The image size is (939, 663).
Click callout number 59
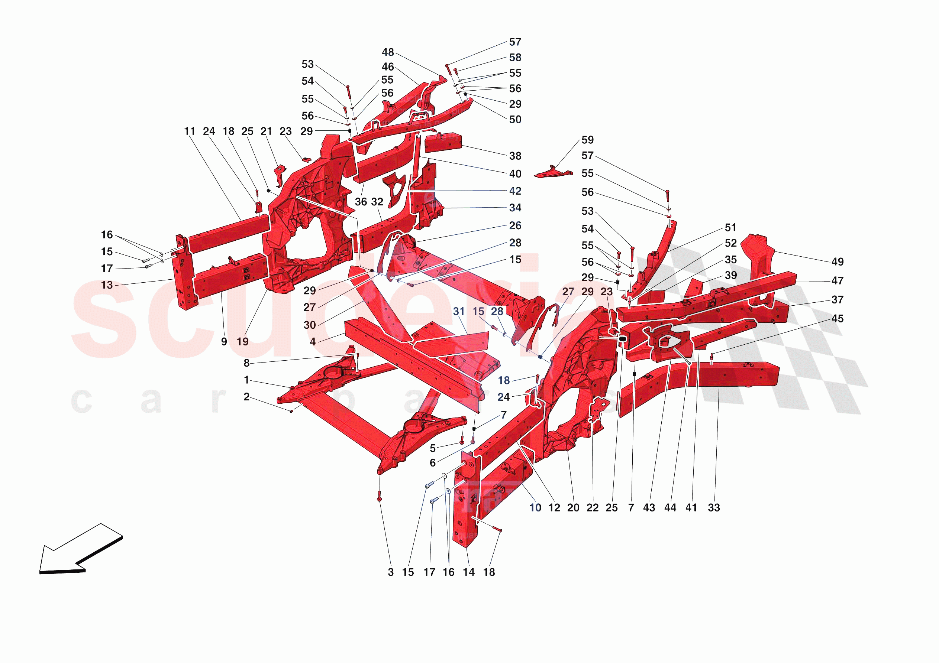coord(587,140)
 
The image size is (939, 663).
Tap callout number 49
coord(837,261)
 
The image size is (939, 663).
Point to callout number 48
coord(388,52)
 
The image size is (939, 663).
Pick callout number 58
coord(515,58)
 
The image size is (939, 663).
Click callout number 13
coord(107,285)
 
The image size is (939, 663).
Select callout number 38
coord(515,156)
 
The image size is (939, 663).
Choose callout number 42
coord(515,191)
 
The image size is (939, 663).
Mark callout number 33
coord(714,508)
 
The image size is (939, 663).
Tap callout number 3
coord(391,572)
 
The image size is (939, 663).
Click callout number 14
coord(469,572)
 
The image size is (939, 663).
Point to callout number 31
coord(458,312)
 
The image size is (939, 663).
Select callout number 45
coord(837,318)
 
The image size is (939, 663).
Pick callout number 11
coord(189,131)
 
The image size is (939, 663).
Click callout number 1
coord(246,380)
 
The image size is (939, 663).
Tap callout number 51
coord(730,228)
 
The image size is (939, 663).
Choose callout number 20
coord(573,508)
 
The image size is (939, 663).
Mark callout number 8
coord(246,363)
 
